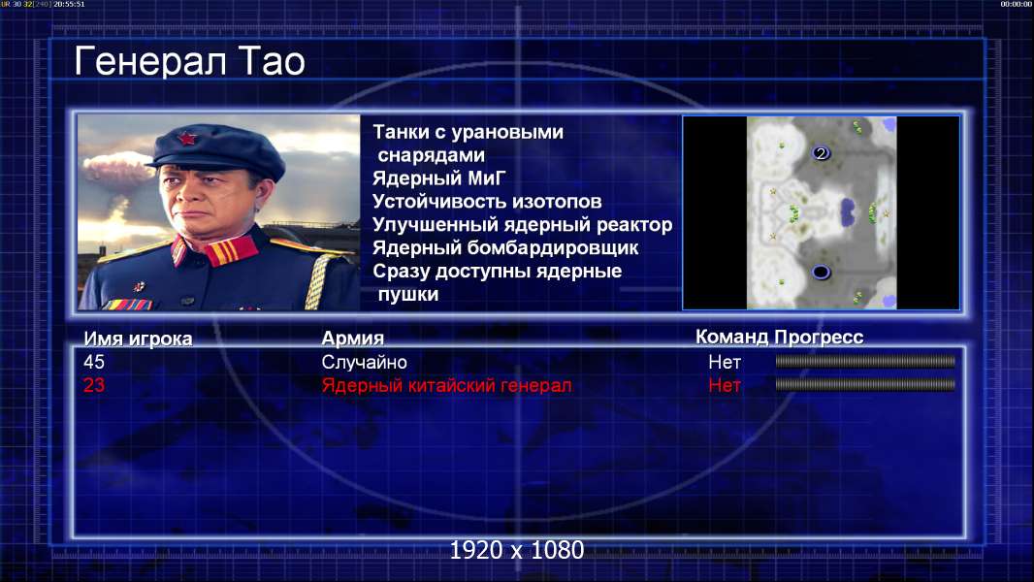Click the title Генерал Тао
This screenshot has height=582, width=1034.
189,61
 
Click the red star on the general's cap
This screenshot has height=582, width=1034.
187,139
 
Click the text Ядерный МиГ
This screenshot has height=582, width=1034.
438,178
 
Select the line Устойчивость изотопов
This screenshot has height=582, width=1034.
487,201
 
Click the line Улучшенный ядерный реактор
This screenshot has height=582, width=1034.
522,225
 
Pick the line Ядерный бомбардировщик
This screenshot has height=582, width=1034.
505,247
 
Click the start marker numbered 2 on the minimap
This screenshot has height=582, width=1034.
821,153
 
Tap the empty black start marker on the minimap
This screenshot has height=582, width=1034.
821,272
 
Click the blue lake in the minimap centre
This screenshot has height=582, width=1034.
848,212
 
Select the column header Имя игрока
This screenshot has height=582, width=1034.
138,339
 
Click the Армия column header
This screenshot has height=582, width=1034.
353,339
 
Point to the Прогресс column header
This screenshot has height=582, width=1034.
819,337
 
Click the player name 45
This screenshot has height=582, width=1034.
94,362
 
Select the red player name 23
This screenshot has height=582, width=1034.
94,385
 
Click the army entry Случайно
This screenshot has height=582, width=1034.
364,362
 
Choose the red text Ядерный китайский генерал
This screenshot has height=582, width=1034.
446,385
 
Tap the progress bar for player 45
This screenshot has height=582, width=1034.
865,361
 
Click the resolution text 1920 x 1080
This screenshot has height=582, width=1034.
516,550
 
